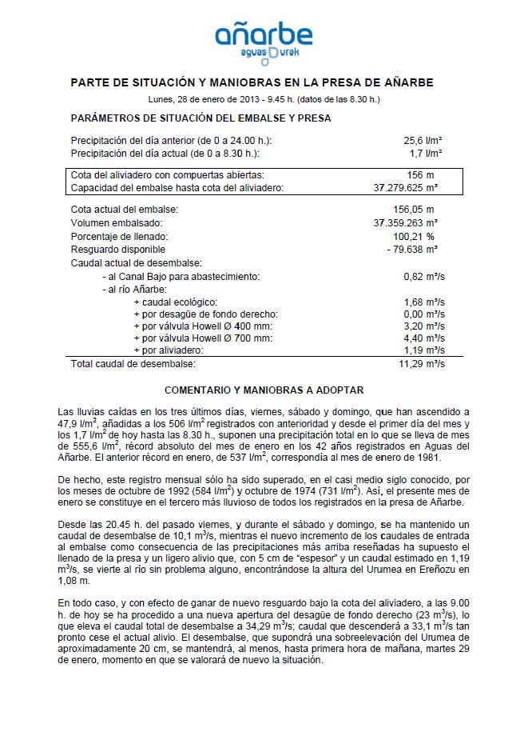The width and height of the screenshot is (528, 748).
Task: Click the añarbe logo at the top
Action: [264, 38]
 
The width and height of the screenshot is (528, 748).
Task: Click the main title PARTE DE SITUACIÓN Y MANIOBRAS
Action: [264, 82]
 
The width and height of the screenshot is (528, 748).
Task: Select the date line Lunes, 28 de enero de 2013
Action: [264, 99]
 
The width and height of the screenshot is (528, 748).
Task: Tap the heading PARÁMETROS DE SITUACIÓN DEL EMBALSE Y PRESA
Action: [200, 118]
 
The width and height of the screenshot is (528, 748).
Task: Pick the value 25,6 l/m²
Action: [423, 140]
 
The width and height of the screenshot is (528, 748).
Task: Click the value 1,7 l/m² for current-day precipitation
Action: [426, 152]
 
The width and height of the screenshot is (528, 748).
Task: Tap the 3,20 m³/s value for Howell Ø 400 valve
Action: [423, 326]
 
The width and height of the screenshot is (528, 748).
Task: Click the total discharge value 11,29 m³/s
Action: [421, 364]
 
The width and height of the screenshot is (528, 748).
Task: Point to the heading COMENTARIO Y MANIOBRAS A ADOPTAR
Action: [264, 390]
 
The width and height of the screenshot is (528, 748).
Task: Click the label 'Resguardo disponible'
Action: [118, 250]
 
